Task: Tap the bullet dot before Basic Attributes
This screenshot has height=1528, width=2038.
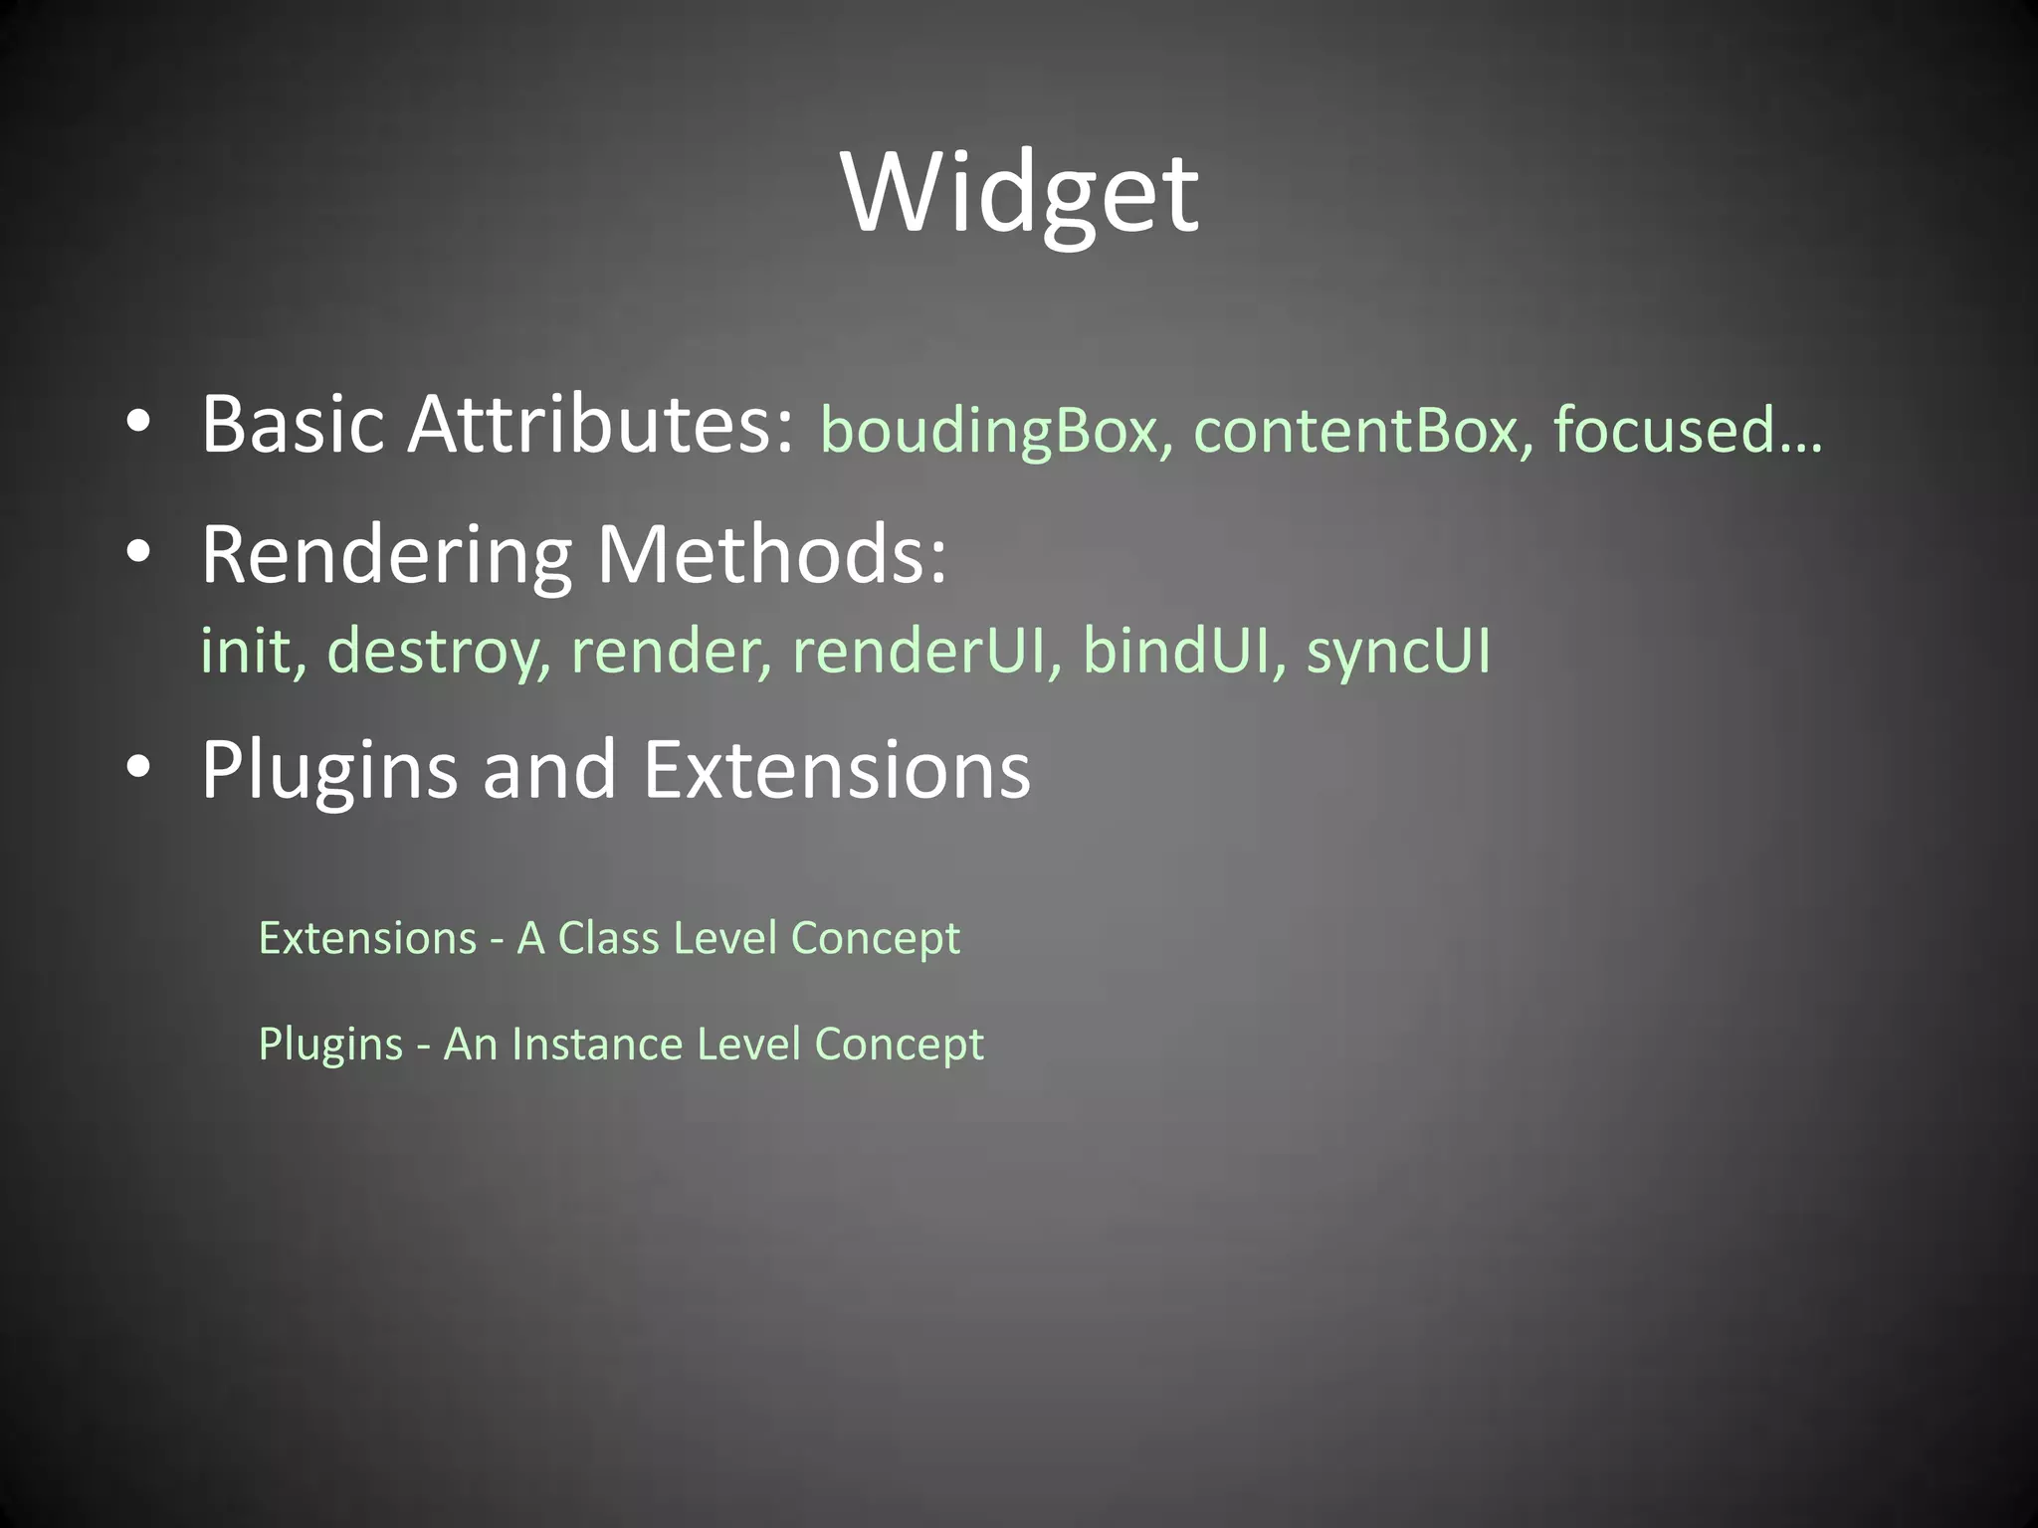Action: tap(138, 424)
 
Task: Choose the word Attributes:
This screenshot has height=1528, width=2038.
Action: tap(601, 425)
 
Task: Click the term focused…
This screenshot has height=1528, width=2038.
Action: tap(1688, 430)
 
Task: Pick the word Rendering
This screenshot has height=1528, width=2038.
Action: tap(387, 557)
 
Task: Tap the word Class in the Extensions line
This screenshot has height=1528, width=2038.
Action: tap(608, 938)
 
